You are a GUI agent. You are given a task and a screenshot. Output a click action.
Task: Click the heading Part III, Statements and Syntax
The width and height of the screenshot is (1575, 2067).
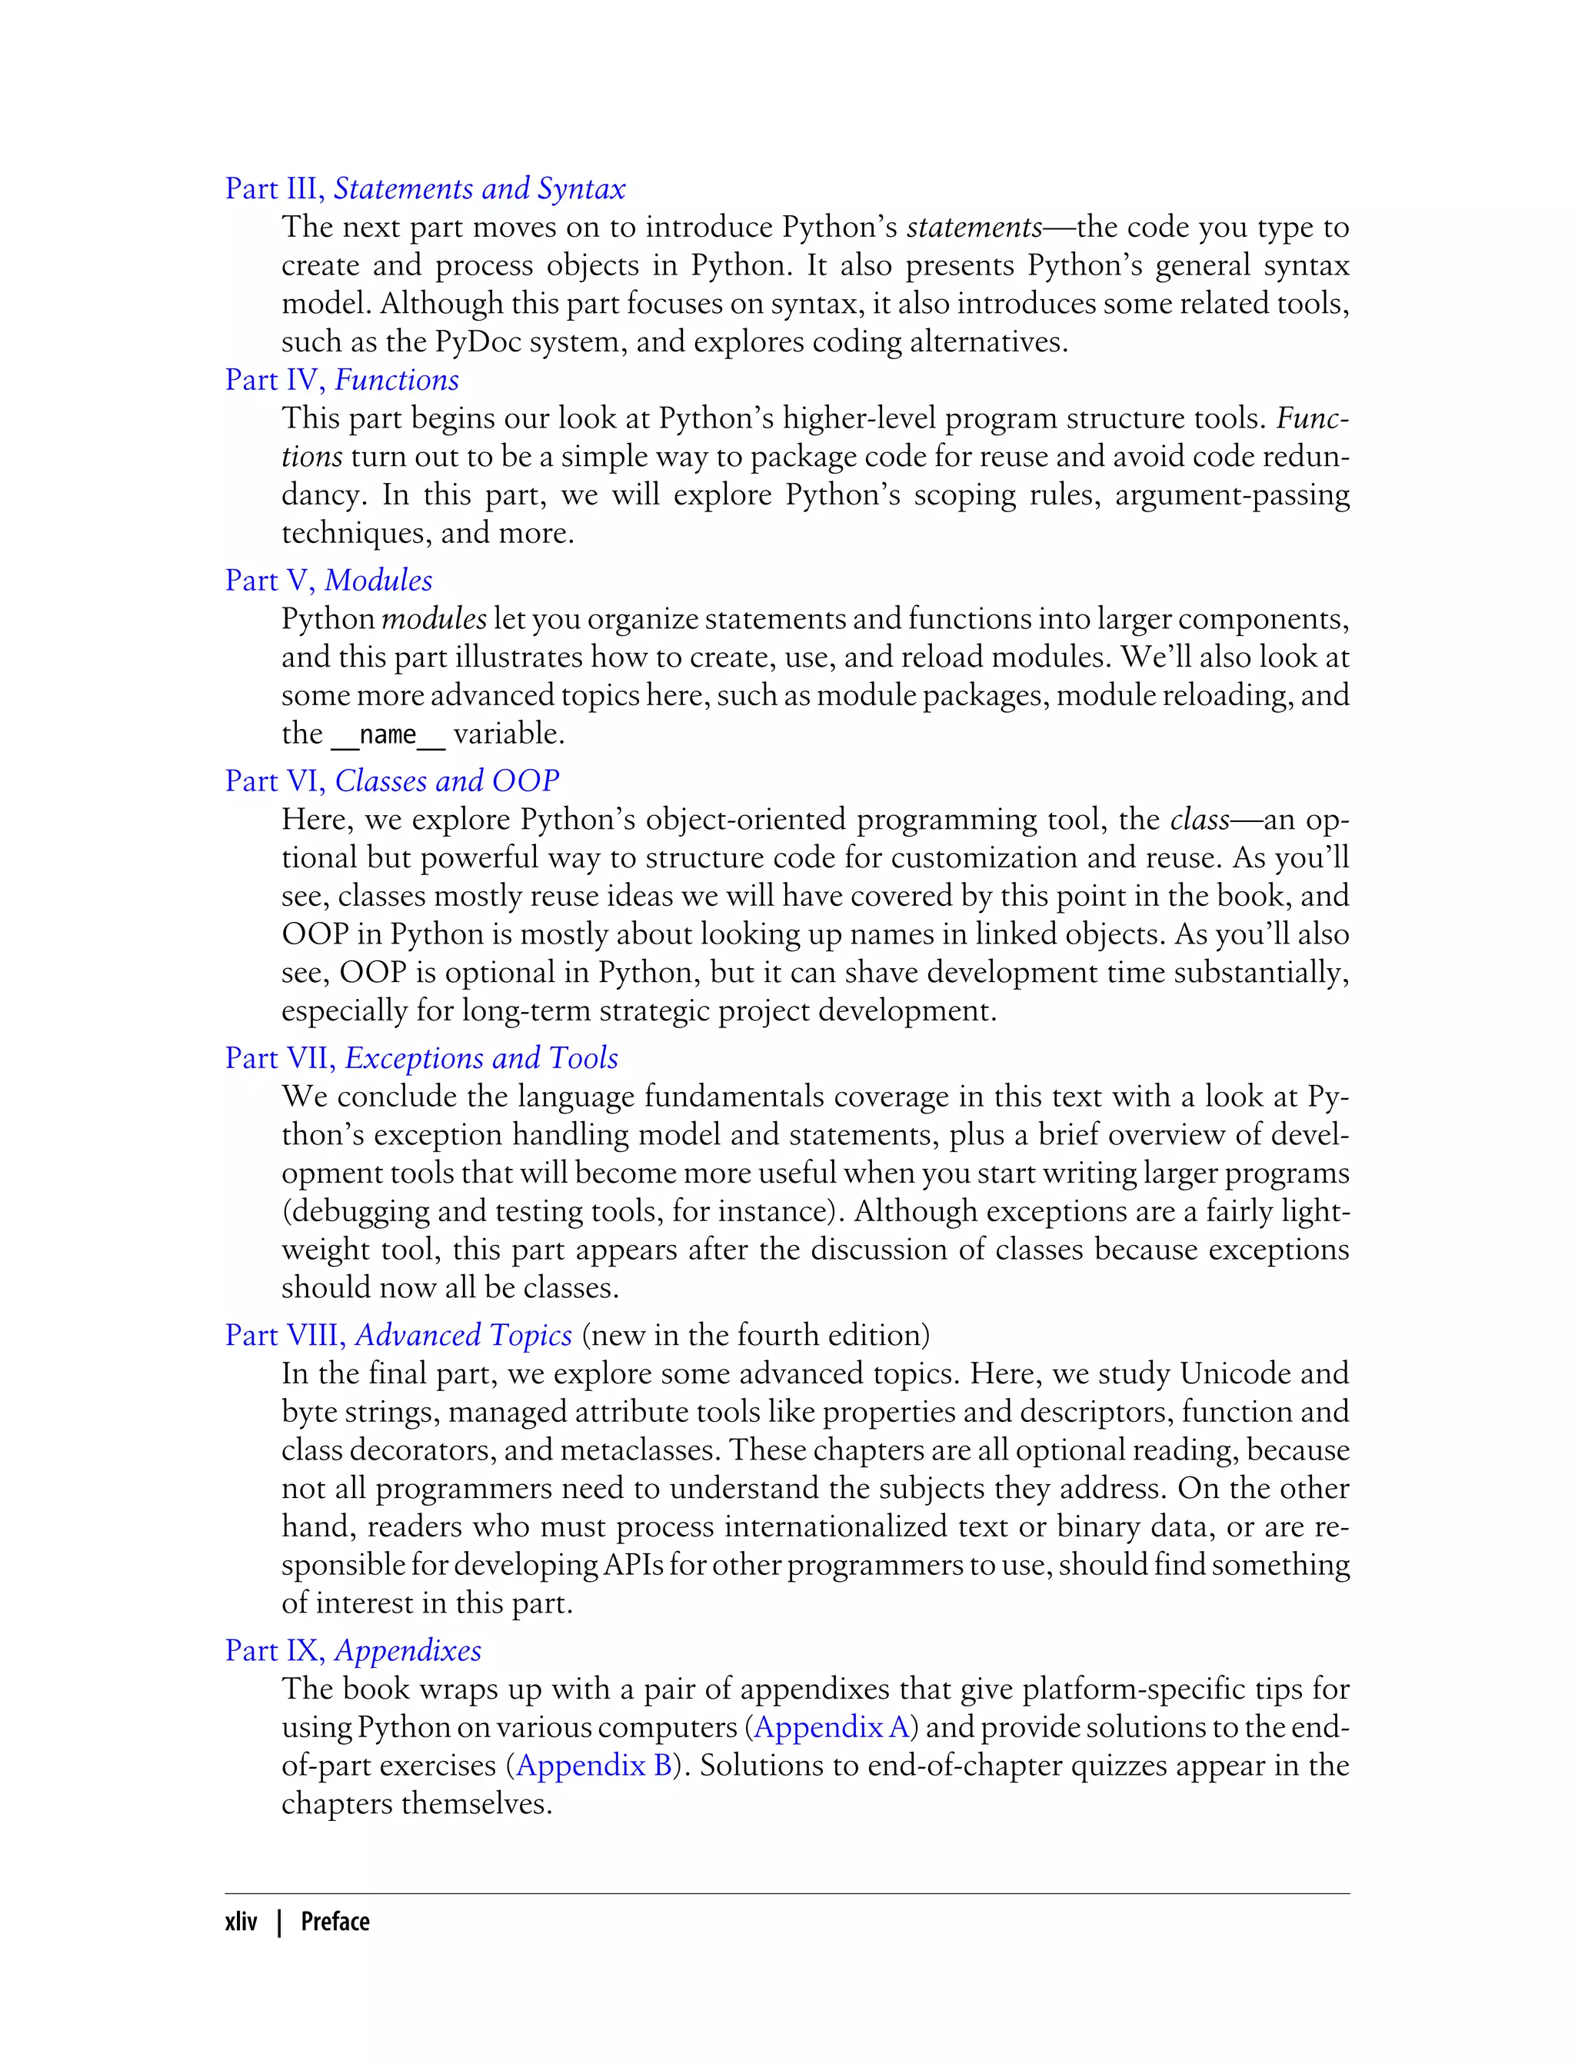coord(425,188)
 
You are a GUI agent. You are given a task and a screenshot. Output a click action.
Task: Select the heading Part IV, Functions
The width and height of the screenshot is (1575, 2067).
coord(341,380)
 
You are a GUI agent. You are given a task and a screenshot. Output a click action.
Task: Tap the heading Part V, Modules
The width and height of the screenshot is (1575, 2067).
coord(328,581)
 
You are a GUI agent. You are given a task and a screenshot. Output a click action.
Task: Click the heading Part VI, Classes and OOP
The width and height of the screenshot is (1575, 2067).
coord(392,781)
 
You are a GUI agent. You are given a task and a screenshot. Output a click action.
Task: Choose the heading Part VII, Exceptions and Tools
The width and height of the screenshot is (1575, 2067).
coord(421,1057)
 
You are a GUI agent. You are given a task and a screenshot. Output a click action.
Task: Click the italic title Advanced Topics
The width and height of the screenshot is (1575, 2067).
coord(463,1335)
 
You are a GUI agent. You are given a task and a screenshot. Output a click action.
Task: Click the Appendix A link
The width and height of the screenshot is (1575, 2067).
coord(831,1726)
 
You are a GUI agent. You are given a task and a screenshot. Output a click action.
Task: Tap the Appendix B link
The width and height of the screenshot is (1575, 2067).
coord(594,1765)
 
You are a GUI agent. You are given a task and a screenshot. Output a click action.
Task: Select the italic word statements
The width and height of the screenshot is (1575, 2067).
coord(974,227)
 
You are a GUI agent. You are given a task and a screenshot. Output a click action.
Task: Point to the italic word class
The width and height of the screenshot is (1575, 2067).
coord(1199,819)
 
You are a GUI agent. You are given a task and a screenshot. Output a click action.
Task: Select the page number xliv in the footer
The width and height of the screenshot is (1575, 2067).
coord(241,1922)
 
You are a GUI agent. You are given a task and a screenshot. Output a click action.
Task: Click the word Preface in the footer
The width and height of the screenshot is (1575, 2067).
coord(335,1922)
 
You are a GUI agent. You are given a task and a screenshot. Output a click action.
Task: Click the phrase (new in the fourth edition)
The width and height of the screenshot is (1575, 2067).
coord(756,1335)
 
